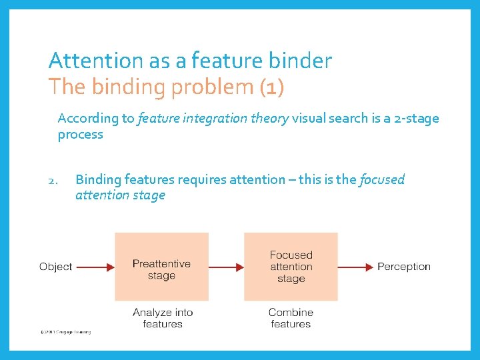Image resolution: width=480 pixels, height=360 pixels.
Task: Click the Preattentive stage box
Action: (x=161, y=267)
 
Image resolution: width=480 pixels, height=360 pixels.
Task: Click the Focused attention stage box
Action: (x=291, y=267)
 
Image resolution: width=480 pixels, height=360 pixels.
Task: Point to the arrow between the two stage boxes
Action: (x=226, y=267)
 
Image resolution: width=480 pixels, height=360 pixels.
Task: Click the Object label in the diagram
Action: (x=55, y=267)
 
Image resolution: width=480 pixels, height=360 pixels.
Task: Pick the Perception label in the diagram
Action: (x=404, y=267)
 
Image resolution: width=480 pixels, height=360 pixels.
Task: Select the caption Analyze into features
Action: (x=162, y=318)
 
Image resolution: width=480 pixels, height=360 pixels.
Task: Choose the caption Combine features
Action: (x=291, y=318)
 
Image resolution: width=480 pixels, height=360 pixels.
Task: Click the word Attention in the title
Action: (x=95, y=61)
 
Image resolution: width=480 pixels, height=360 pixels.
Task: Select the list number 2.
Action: (x=55, y=180)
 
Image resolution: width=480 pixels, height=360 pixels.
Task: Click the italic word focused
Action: (x=382, y=179)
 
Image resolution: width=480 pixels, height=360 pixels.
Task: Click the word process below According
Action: (x=80, y=135)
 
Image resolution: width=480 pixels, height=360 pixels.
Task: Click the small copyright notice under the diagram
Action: (x=65, y=331)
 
